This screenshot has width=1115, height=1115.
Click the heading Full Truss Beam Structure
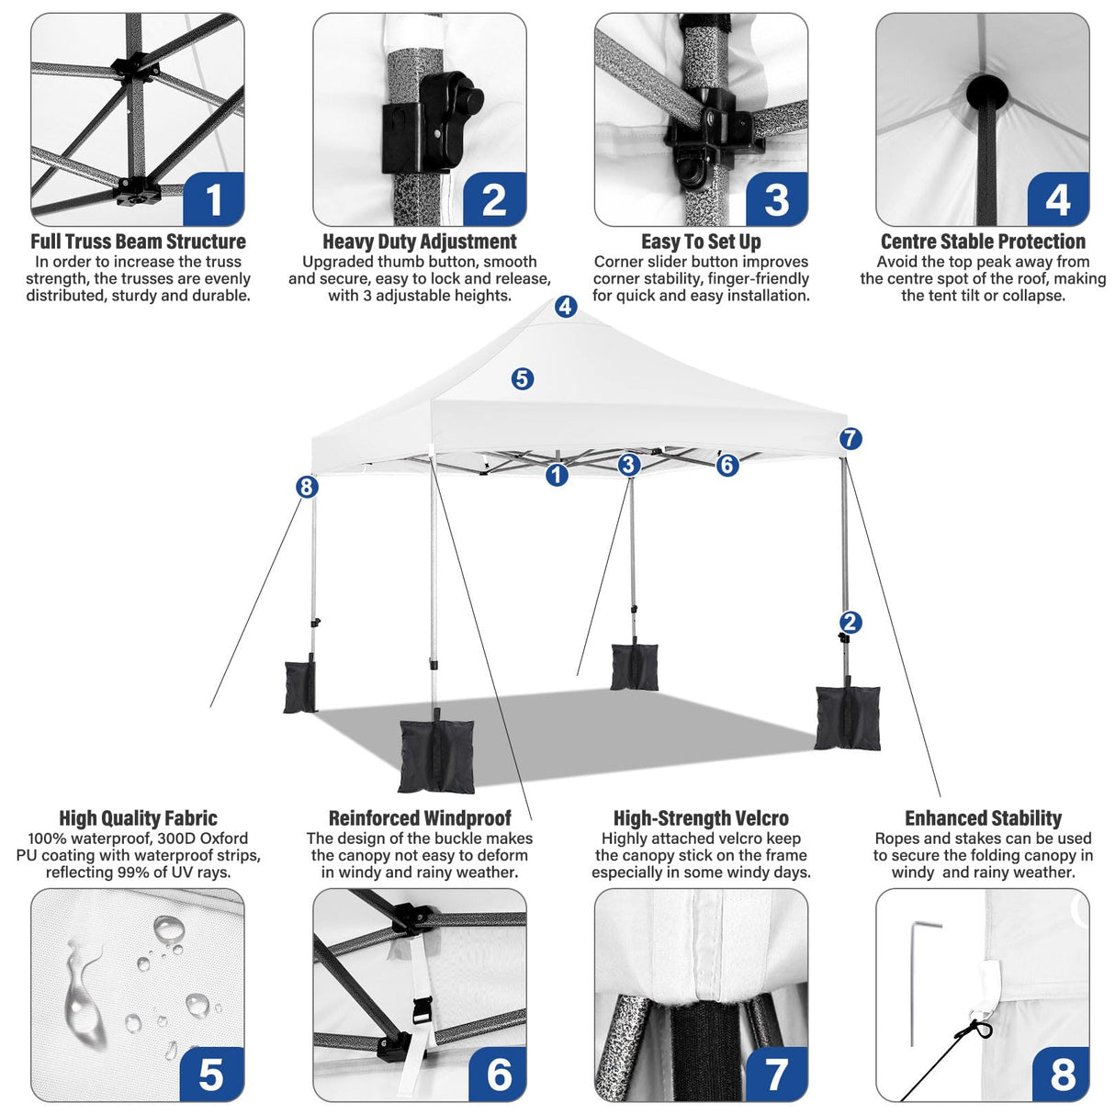pyautogui.click(x=138, y=242)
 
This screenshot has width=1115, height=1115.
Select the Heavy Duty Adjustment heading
pyautogui.click(x=420, y=242)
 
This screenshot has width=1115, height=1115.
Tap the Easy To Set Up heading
pyautogui.click(x=701, y=242)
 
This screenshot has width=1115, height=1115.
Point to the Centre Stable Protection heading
pyautogui.click(x=983, y=242)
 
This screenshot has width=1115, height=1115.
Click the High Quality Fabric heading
pyautogui.click(x=138, y=818)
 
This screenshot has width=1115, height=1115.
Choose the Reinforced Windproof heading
pyautogui.click(x=420, y=818)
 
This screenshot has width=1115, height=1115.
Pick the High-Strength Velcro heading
pyautogui.click(x=701, y=818)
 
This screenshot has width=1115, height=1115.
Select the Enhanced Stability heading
pyautogui.click(x=983, y=818)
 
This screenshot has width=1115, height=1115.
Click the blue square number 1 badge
pyautogui.click(x=214, y=198)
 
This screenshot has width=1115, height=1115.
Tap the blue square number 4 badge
pyautogui.click(x=1058, y=198)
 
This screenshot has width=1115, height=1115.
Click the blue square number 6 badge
pyautogui.click(x=499, y=1073)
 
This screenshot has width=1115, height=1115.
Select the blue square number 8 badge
pyautogui.click(x=1062, y=1073)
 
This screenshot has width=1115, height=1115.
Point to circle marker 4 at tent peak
pyautogui.click(x=566, y=307)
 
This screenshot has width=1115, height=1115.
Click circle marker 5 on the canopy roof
pyautogui.click(x=523, y=378)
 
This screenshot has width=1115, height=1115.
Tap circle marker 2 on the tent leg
pyautogui.click(x=850, y=623)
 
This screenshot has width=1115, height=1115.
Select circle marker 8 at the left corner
pyautogui.click(x=307, y=487)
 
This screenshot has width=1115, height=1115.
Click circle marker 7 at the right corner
pyautogui.click(x=850, y=439)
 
